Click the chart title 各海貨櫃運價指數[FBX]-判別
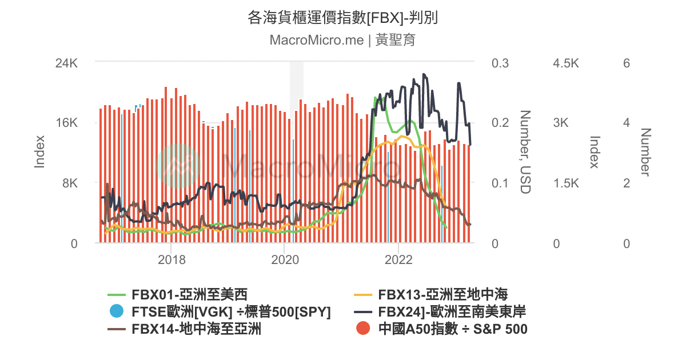pyautogui.click(x=342, y=18)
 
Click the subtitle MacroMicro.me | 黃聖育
pyautogui.click(x=342, y=40)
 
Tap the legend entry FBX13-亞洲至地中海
pyautogui.click(x=442, y=295)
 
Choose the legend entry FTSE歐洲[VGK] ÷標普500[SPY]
pyautogui.click(x=231, y=312)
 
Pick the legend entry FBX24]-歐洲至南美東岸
pyautogui.click(x=452, y=312)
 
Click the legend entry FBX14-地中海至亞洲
pyautogui.click(x=196, y=329)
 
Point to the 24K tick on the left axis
pyautogui.click(x=66, y=63)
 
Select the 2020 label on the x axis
pyautogui.click(x=284, y=259)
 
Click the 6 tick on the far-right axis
pyautogui.click(x=627, y=63)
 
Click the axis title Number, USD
pyautogui.click(x=525, y=152)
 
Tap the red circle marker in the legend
pyautogui.click(x=363, y=329)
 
